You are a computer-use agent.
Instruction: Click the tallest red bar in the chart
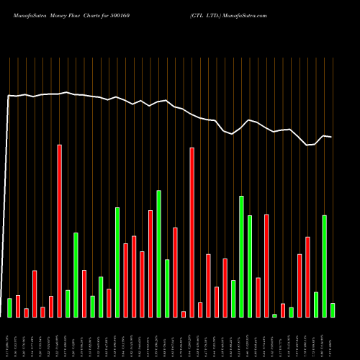click(x=60, y=230)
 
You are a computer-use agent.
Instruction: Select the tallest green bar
click(x=241, y=256)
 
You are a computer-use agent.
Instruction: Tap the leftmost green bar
click(x=10, y=307)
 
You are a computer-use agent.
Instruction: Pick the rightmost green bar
click(x=333, y=310)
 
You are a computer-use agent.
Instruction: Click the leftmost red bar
click(x=18, y=306)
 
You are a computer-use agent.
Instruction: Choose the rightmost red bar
click(x=307, y=276)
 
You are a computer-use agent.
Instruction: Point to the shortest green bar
click(x=274, y=315)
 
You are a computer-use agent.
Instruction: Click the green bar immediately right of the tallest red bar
click(x=68, y=303)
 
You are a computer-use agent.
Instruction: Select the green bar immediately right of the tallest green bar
click(x=250, y=266)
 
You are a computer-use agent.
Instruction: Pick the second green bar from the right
click(x=324, y=266)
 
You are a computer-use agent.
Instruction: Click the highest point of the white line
click(x=67, y=92)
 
